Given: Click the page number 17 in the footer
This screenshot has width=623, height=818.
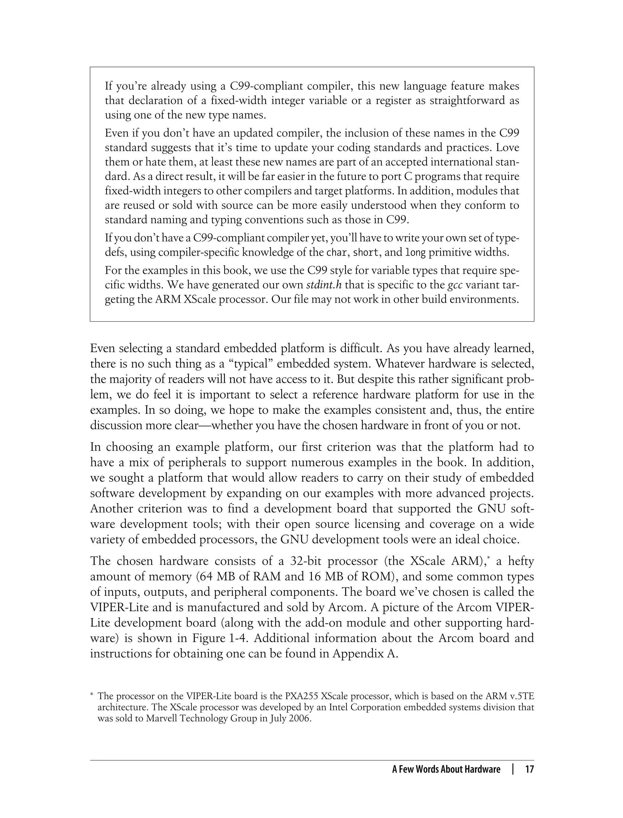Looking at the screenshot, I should [x=529, y=769].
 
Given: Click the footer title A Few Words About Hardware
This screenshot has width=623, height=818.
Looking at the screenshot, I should [x=446, y=769].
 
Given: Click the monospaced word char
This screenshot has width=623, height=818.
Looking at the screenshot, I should [x=337, y=252].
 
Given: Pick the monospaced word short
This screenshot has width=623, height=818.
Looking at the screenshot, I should [x=366, y=252].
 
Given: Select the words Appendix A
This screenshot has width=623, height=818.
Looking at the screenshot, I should [x=365, y=653].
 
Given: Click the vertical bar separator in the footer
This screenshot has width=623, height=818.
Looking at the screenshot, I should [x=513, y=769].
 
